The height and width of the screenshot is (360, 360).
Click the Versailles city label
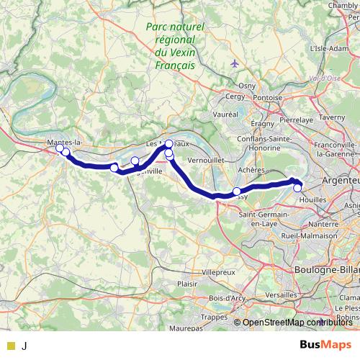(x=276, y=295)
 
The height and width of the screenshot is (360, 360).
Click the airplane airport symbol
(x=235, y=63)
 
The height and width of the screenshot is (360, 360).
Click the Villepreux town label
(x=217, y=273)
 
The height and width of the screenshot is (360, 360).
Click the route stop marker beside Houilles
(x=297, y=188)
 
